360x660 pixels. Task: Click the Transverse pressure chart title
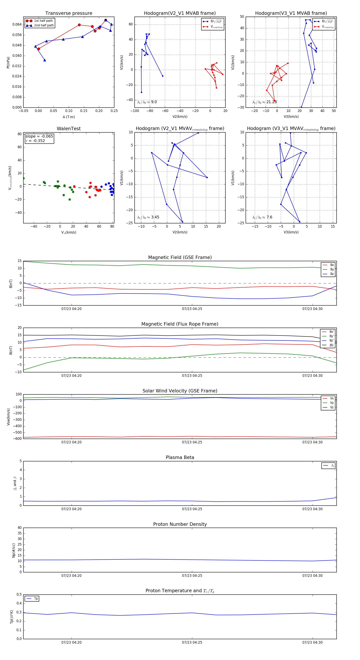click(69, 13)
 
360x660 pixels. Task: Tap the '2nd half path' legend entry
click(44, 25)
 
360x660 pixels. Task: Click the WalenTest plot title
click(69, 129)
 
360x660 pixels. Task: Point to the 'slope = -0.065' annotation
click(39, 136)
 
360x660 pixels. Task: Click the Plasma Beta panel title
click(180, 458)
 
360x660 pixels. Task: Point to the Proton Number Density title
click(180, 524)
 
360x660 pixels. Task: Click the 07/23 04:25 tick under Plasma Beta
click(192, 509)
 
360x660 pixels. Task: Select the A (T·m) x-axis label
click(69, 117)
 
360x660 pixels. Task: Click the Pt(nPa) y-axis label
click(8, 63)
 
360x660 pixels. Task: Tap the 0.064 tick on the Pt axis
click(17, 25)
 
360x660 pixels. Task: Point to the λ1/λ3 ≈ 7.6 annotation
click(262, 217)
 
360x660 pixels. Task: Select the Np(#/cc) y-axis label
click(14, 550)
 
